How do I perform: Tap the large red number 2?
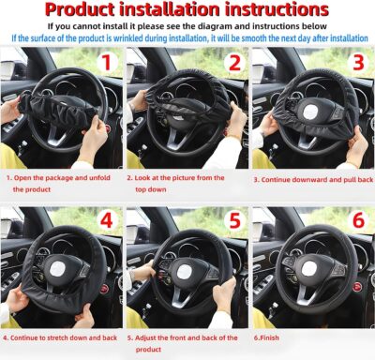pyautogui.click(x=234, y=64)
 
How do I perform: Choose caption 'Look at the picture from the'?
pyautogui.click(x=186, y=175)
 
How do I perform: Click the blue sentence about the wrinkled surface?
pyautogui.click(x=187, y=39)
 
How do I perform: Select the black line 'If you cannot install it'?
pyautogui.click(x=187, y=27)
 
